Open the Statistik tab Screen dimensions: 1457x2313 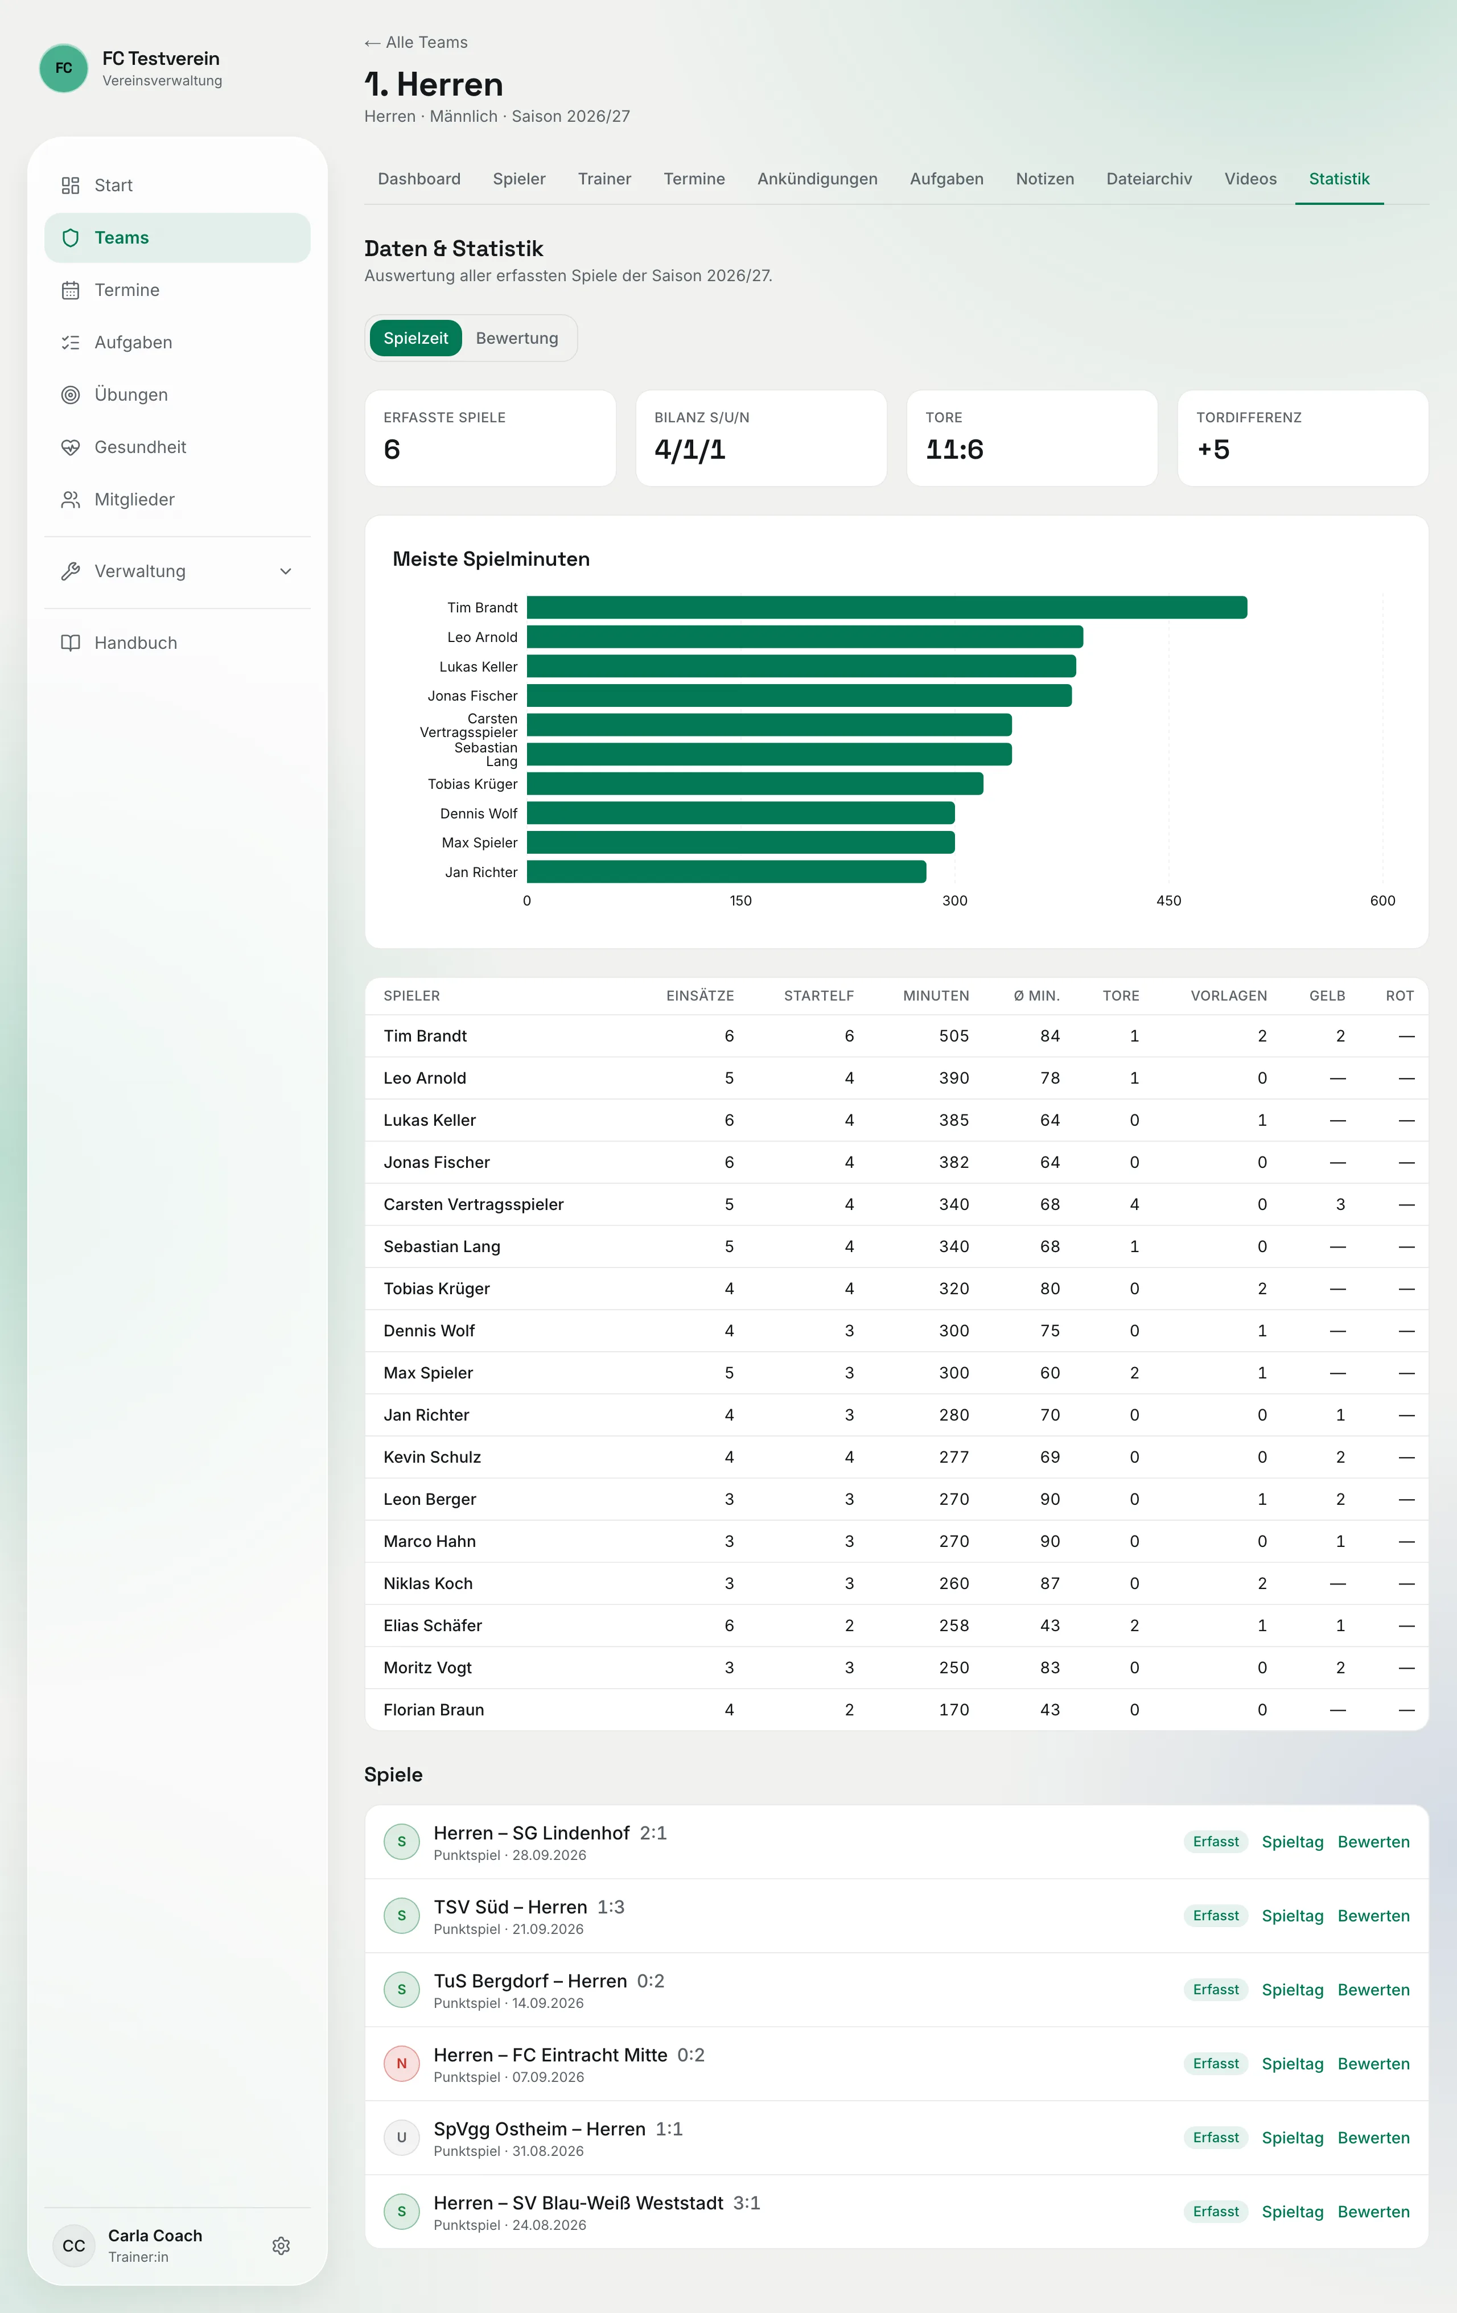[x=1339, y=179]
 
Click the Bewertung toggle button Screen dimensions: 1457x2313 [x=517, y=338]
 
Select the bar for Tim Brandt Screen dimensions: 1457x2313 [x=887, y=607]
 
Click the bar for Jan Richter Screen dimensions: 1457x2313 [x=726, y=871]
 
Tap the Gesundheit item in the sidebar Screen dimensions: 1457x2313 [x=140, y=447]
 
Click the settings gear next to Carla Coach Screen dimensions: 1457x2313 [x=281, y=2246]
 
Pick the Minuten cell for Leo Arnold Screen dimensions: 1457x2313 [x=954, y=1078]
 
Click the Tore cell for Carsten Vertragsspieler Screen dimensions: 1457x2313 [x=1134, y=1204]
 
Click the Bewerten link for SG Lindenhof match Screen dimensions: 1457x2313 [x=1373, y=1841]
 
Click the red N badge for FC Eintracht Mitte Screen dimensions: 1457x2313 [x=401, y=2063]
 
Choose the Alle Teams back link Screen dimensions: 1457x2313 [x=416, y=42]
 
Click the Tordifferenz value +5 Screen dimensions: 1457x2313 [x=1213, y=450]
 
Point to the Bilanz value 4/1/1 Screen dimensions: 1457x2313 [x=690, y=450]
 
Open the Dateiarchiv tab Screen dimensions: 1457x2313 [x=1149, y=179]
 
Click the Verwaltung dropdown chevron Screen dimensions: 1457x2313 [x=285, y=571]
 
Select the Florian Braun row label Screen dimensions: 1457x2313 [x=433, y=1710]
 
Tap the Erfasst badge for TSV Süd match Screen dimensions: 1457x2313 [x=1216, y=1915]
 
